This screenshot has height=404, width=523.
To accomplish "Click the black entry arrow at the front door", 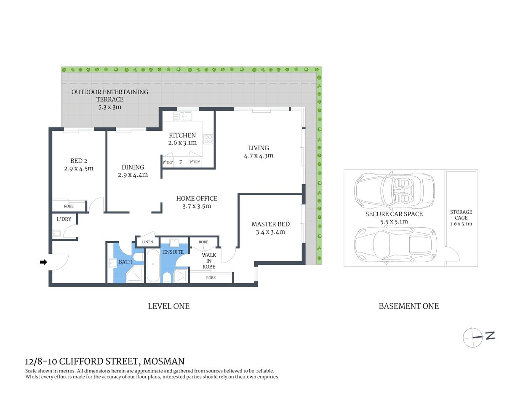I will [x=43, y=262].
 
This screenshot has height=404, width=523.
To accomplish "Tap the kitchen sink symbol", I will [x=182, y=116].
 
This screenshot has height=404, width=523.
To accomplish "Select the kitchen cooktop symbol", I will [x=208, y=139].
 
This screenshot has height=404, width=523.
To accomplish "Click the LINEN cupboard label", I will [x=147, y=242].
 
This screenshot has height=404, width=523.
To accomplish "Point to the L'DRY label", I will [x=64, y=219].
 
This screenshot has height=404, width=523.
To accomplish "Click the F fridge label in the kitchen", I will [x=181, y=162].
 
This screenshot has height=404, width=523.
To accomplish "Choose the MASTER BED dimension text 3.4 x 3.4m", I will [x=270, y=232].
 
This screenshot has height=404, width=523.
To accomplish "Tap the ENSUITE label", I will [x=173, y=252].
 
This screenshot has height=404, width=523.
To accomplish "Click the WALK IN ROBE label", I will [x=209, y=261].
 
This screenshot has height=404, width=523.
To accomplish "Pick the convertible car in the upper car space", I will [x=394, y=191].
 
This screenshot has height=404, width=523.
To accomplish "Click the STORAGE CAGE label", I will [x=461, y=215].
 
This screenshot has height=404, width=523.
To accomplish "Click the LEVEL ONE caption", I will [x=168, y=306].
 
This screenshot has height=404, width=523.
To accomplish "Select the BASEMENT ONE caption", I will [x=408, y=306].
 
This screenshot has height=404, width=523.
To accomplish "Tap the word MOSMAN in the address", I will [x=164, y=361].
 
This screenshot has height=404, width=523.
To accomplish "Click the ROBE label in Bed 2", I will [x=69, y=206].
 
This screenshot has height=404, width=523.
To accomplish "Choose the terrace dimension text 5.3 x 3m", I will [x=109, y=107].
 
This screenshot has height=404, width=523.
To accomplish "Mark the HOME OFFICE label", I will [x=197, y=198].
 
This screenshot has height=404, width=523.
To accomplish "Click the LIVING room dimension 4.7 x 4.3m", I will [x=258, y=156].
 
